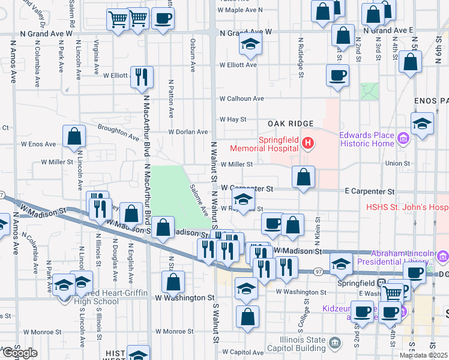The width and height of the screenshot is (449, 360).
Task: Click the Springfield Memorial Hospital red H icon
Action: click(308, 143)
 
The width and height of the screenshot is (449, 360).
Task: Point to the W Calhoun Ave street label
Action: click(242, 98)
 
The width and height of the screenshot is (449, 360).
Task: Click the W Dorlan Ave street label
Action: click(188, 132)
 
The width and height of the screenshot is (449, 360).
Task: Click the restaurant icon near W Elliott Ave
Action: click(142, 76)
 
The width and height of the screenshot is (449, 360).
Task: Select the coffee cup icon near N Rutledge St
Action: click(337, 76)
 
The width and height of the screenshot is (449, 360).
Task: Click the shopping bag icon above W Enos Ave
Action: click(74, 136)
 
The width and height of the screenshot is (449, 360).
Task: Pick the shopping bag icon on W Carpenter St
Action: click(303, 177)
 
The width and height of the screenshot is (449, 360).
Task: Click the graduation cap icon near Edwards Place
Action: click(423, 124)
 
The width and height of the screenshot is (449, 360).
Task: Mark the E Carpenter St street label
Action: click(369, 191)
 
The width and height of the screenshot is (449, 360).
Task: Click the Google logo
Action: click(19, 352)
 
